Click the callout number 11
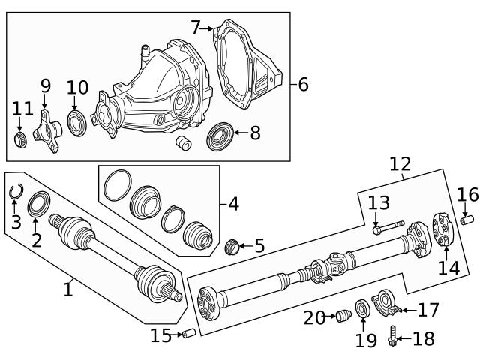coord(22,109)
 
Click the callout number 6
coord(302,84)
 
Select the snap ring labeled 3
coord(16,193)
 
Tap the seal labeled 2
coord(37,205)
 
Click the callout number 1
coord(68,288)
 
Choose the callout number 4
coord(233,203)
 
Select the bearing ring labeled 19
coord(361,307)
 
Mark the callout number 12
coord(400,163)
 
